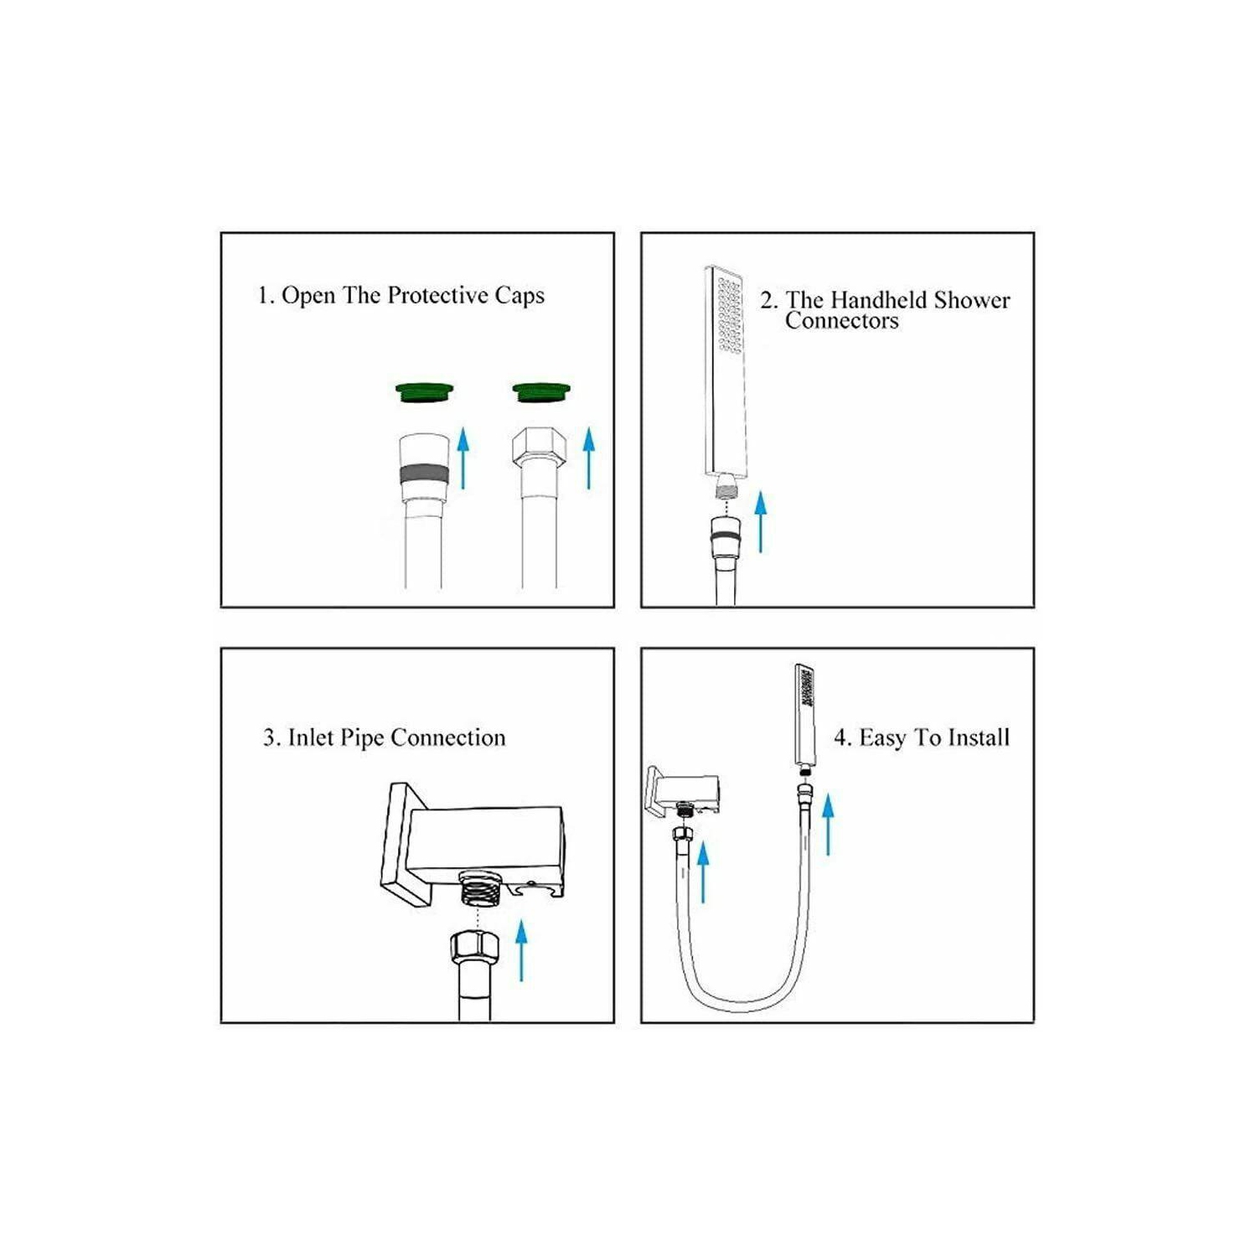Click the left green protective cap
point(424,391)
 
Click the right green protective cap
point(541,391)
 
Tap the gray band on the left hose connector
point(424,474)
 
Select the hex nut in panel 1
point(540,447)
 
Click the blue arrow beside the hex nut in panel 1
point(589,457)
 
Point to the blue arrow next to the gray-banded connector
point(463,457)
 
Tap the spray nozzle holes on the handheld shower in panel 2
point(729,314)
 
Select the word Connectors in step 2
point(841,321)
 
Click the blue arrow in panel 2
point(760,521)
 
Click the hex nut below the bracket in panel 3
point(474,947)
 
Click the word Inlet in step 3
point(311,737)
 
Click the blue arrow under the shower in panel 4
point(828,825)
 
